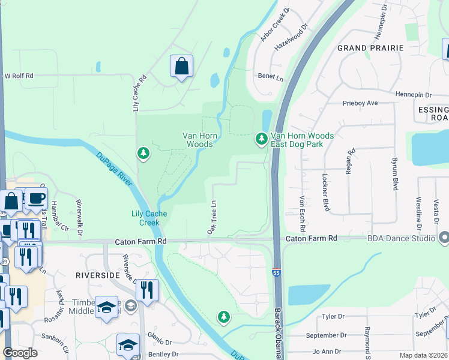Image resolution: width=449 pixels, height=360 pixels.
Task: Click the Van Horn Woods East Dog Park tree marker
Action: [x=261, y=139]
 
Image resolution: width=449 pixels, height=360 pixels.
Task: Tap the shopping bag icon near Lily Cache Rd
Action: [x=181, y=66]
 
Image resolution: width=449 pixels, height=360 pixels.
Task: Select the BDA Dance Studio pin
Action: [x=444, y=238]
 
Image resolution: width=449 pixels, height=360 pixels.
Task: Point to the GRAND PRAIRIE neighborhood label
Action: [x=370, y=47]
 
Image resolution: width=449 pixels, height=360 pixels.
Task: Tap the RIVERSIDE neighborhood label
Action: [x=98, y=275]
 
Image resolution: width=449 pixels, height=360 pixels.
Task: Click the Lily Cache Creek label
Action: [x=145, y=218]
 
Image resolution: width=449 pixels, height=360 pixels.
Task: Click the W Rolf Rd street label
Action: [x=19, y=76]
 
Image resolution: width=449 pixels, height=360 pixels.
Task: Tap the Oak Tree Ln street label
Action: [x=212, y=218]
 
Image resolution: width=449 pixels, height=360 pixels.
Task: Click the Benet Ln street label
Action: [x=270, y=77]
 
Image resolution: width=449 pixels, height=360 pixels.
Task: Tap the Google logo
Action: [x=20, y=353]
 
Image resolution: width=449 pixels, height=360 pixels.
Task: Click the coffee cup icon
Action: [x=36, y=198]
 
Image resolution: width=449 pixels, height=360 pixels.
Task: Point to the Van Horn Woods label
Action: [x=197, y=140]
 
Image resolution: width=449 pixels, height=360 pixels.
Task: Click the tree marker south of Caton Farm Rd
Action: [x=224, y=316]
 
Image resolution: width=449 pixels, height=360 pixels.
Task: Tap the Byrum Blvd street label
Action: [x=395, y=175]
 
